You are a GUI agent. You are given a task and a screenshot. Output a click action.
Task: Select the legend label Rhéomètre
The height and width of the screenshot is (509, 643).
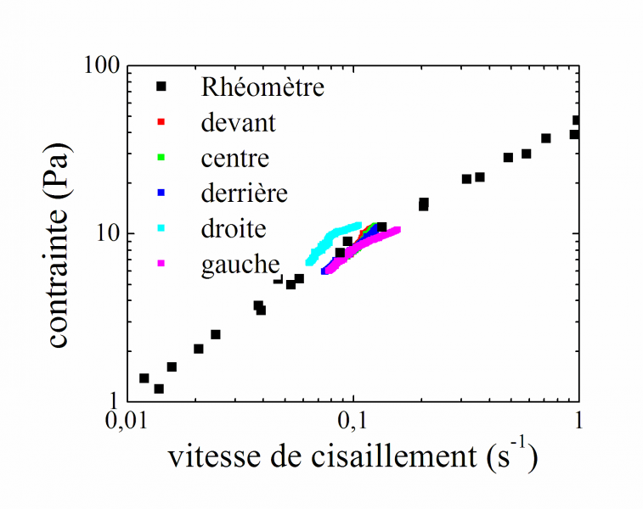click(x=262, y=87)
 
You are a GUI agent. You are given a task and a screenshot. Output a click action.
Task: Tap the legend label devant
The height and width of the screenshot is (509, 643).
click(x=239, y=123)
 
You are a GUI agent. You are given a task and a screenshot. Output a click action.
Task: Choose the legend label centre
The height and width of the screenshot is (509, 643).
click(x=235, y=159)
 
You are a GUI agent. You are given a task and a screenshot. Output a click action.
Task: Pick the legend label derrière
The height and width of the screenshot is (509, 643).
click(x=245, y=193)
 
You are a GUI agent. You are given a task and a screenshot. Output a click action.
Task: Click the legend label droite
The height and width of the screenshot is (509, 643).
click(x=234, y=229)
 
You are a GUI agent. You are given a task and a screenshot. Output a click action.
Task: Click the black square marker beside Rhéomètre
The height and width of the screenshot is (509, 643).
click(x=161, y=87)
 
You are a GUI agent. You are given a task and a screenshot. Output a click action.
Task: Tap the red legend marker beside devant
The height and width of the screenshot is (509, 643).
click(x=161, y=122)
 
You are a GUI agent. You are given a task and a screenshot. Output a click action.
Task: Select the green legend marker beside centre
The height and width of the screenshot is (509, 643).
click(x=161, y=158)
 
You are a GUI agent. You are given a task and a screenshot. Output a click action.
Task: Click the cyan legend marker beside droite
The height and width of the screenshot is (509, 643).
click(x=161, y=228)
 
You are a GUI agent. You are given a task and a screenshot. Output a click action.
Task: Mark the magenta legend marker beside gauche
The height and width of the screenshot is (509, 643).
click(x=161, y=264)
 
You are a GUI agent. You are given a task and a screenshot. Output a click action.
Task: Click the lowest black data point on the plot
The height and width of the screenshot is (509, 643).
click(x=159, y=389)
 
